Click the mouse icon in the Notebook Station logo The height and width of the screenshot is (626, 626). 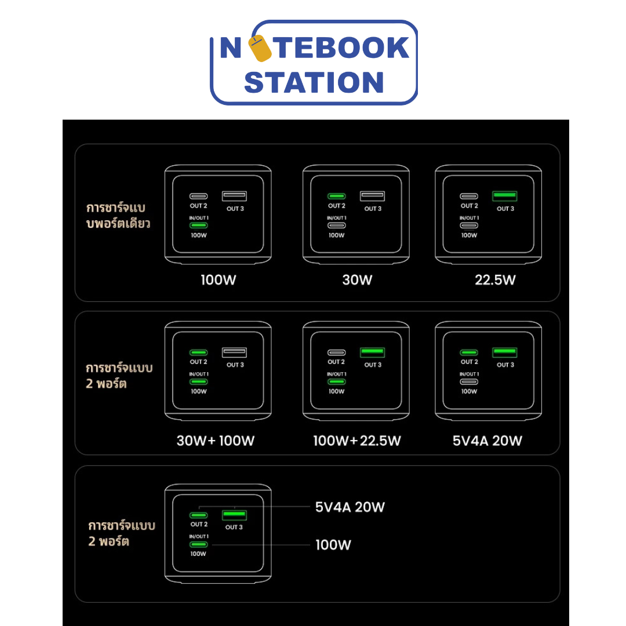point(259,48)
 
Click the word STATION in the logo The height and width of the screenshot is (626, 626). point(314,82)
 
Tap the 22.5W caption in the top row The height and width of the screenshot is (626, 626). point(495,281)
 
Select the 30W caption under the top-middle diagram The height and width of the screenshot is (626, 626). point(357,281)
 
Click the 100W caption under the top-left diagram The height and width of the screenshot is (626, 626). point(218,281)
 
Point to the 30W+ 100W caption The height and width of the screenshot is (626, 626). point(216,441)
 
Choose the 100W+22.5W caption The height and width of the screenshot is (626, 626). point(357,441)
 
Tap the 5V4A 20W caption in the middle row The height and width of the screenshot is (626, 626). point(487,441)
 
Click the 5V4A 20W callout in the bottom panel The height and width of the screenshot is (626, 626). point(350,508)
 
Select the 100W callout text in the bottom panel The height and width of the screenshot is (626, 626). point(333,545)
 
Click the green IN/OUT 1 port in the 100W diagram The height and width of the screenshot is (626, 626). point(199,225)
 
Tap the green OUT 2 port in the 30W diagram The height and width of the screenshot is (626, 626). point(337,196)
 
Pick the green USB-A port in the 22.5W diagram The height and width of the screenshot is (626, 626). point(505,196)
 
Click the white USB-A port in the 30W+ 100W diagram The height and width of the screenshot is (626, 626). point(234,352)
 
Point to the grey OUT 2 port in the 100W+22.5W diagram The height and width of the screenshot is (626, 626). point(337,352)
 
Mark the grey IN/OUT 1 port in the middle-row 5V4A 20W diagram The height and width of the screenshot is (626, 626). point(469,381)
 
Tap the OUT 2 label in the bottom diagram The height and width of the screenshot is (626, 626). point(199,525)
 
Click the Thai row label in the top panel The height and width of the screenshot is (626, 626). point(118,216)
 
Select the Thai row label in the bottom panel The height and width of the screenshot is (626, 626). point(122,534)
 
